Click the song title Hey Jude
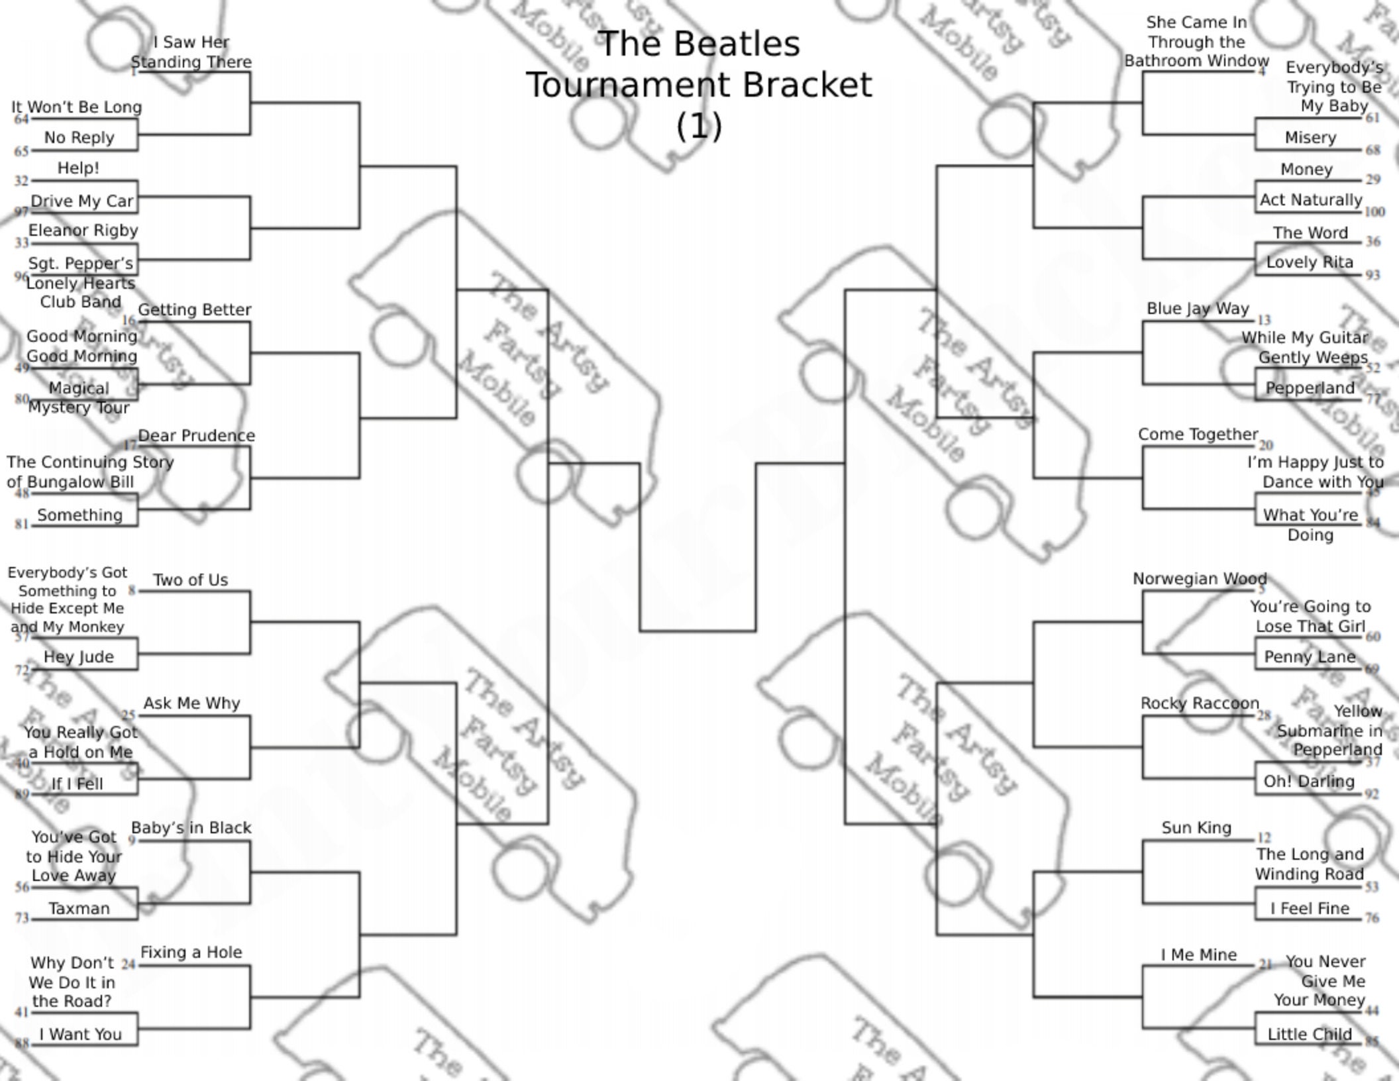[x=79, y=656]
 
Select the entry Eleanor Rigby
[x=83, y=231]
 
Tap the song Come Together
[x=1198, y=435]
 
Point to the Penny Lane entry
[x=1310, y=656]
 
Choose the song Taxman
[x=79, y=908]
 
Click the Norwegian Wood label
[x=1200, y=579]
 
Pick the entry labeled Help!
[x=78, y=168]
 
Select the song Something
[x=80, y=515]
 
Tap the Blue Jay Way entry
[x=1198, y=309]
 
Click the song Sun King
[x=1196, y=828]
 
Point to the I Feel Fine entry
[x=1310, y=908]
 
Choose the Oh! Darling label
[x=1309, y=782]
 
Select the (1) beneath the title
[x=699, y=126]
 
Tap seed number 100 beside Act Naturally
[x=1374, y=212]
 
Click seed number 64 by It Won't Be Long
[x=21, y=119]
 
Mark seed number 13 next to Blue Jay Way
[x=1264, y=320]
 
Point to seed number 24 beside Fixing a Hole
[x=129, y=964]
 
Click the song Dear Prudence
[x=196, y=436]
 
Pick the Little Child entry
[x=1309, y=1034]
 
